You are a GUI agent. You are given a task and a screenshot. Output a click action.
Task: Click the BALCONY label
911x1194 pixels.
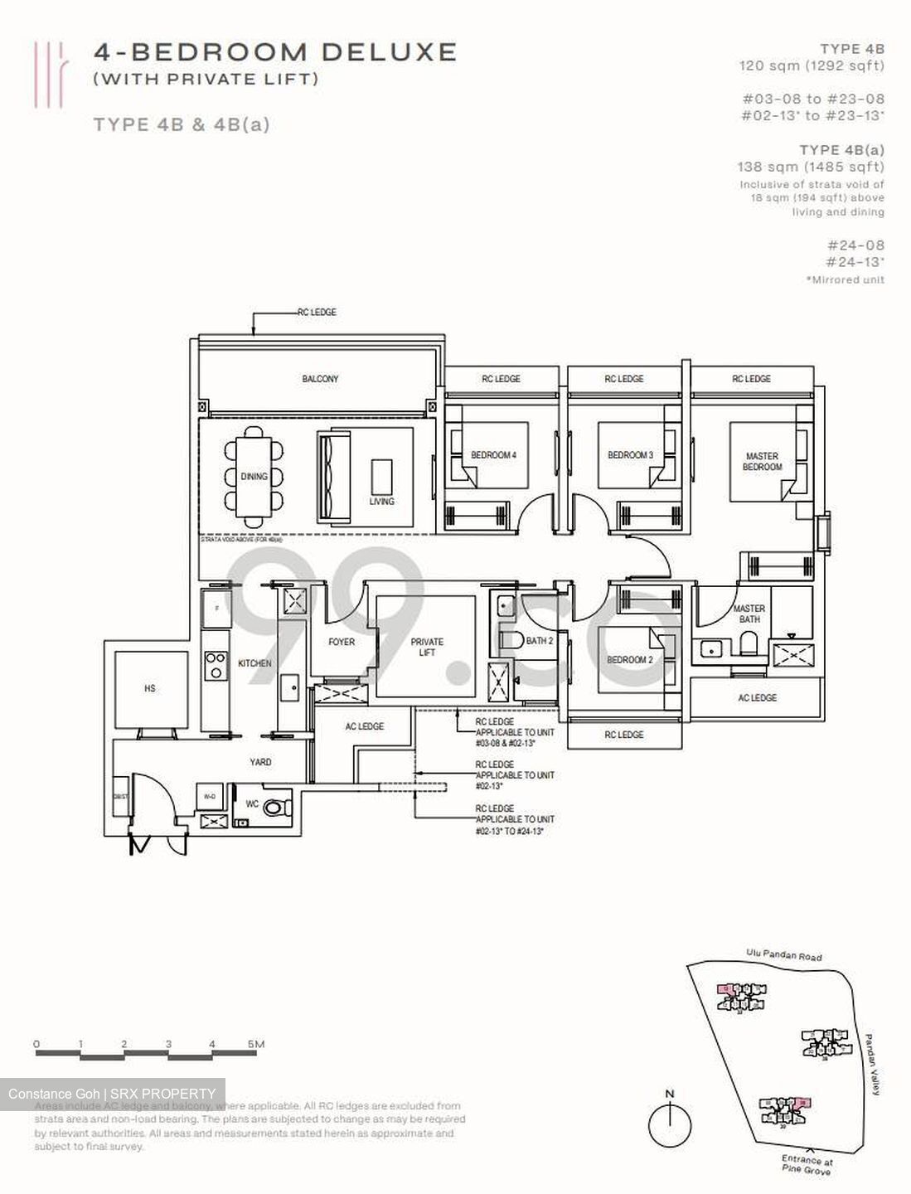[x=320, y=379]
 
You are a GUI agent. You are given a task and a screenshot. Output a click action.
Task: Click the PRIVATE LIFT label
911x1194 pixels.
[x=427, y=647]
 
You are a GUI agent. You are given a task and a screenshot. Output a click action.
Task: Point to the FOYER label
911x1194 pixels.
[x=341, y=642]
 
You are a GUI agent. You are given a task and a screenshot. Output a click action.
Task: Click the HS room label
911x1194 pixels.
[x=149, y=688]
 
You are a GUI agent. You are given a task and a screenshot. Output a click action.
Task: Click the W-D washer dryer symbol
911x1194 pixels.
[x=210, y=797]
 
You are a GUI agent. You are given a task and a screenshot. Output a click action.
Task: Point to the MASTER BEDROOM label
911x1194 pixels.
[x=762, y=462]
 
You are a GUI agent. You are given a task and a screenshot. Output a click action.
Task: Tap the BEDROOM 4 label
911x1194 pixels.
[x=493, y=455]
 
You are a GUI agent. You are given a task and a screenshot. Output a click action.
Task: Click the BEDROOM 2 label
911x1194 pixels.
[x=630, y=660]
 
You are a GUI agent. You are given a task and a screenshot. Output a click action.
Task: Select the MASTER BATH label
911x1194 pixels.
[x=749, y=614]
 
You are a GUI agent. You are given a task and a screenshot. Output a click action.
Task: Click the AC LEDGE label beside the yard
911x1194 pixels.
[x=365, y=726]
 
